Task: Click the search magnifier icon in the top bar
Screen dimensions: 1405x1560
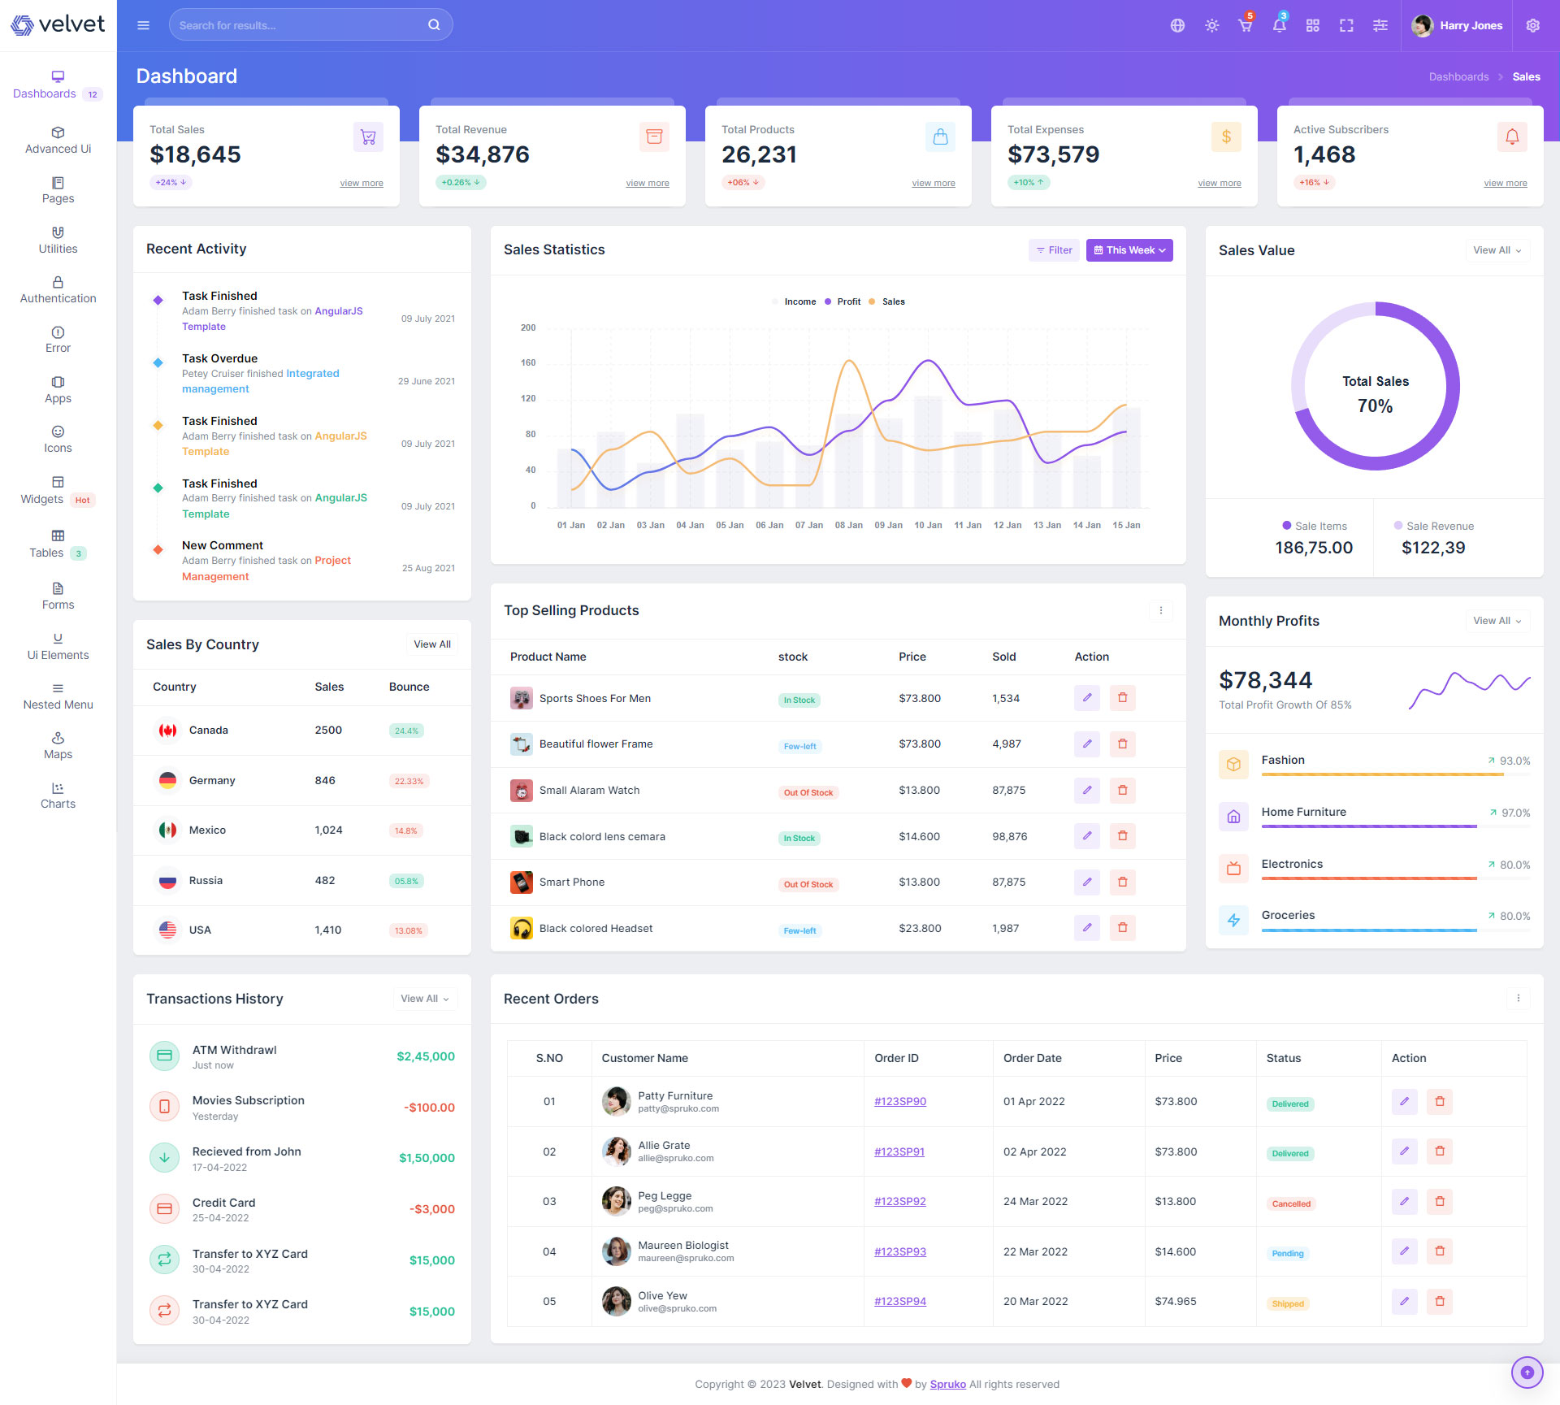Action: click(434, 25)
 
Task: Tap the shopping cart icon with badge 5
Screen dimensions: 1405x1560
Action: click(1245, 25)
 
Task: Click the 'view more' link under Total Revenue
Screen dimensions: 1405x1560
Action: click(647, 183)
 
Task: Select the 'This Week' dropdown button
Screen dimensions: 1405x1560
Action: click(1129, 250)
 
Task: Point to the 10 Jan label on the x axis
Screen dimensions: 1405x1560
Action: click(928, 525)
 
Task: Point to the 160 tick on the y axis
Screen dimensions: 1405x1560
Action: click(528, 362)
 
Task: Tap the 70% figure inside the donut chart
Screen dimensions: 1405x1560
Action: click(1375, 405)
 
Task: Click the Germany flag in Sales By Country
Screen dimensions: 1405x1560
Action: click(167, 780)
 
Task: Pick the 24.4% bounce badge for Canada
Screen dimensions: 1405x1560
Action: click(406, 731)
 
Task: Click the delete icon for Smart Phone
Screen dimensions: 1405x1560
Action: click(1122, 882)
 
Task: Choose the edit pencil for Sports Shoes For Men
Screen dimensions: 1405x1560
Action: click(1086, 698)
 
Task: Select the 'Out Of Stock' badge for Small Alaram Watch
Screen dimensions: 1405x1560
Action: click(808, 792)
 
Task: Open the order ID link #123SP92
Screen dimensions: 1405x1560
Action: click(899, 1201)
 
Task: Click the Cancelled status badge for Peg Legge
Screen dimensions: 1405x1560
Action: click(1290, 1203)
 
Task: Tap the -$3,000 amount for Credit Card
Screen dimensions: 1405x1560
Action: click(431, 1209)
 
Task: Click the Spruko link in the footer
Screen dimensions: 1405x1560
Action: click(947, 1384)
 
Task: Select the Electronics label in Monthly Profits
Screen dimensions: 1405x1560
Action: click(1292, 864)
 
